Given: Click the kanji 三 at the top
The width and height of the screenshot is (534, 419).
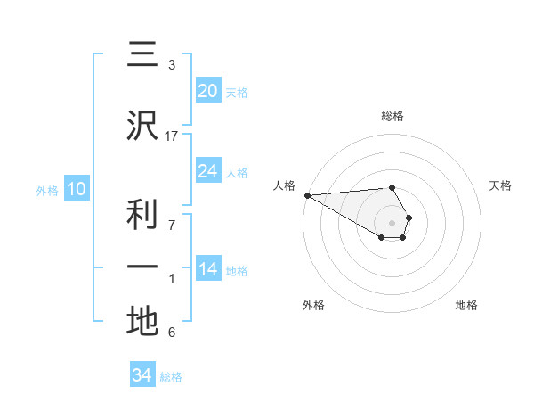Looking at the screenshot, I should (142, 55).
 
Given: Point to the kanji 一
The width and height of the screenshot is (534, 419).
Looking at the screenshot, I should (142, 267).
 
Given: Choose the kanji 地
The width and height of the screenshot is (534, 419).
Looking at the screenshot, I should (142, 321).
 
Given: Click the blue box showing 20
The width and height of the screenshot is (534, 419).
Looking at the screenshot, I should (207, 90).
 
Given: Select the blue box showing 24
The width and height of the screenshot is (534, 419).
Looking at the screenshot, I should (207, 170).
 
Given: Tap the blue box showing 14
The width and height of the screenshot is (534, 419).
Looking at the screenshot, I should (207, 268).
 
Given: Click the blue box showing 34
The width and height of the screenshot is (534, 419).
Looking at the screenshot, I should (142, 375).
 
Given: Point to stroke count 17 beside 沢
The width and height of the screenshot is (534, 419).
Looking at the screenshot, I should (172, 136).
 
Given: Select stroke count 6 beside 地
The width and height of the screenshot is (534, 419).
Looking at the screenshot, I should (172, 333).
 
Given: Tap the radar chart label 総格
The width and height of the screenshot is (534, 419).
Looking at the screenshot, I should (392, 116).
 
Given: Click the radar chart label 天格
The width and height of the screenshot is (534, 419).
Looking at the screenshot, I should (501, 185).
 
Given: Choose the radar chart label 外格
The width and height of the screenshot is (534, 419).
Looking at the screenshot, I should (313, 305).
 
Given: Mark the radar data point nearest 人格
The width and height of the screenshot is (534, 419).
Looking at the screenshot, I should (307, 195).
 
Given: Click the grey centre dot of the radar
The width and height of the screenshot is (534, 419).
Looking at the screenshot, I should (392, 222).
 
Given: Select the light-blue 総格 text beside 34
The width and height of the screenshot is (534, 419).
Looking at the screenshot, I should (171, 377).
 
